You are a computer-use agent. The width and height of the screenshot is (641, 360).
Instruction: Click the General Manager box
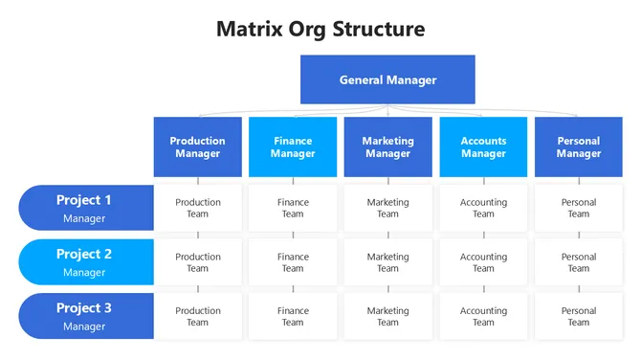tap(387, 79)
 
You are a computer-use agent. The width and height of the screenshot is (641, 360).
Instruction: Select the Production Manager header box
tap(198, 146)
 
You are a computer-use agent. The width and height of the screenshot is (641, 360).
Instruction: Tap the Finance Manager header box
tap(293, 146)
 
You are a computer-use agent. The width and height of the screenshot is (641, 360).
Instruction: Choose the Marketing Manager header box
tap(387, 146)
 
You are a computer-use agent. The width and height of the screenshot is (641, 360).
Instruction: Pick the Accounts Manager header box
tap(483, 146)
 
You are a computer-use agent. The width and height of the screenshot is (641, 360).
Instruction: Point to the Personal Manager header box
tap(578, 146)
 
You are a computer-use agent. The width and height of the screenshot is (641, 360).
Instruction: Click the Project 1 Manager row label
tap(85, 208)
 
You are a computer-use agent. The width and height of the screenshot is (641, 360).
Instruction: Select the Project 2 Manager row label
tap(85, 262)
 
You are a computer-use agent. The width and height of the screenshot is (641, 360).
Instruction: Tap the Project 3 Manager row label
tap(85, 316)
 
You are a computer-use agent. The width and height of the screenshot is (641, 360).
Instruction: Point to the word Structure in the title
tap(378, 29)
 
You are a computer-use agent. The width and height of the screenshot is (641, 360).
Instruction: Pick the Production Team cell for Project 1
tap(198, 208)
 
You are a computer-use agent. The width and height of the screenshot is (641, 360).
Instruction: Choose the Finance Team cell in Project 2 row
tap(293, 262)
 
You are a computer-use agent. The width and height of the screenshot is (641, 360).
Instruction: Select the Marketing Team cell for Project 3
tap(387, 316)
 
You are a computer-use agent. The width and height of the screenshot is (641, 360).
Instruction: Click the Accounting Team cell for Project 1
tap(483, 208)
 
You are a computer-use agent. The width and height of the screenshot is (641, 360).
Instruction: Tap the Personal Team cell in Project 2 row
tap(578, 262)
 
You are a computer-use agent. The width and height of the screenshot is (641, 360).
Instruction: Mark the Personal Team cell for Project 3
tap(578, 316)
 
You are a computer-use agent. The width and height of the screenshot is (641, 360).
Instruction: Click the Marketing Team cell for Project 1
tap(387, 208)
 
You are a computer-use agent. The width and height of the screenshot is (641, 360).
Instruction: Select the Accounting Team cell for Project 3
tap(483, 316)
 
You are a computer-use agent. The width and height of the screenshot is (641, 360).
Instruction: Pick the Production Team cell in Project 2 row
tap(198, 262)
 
